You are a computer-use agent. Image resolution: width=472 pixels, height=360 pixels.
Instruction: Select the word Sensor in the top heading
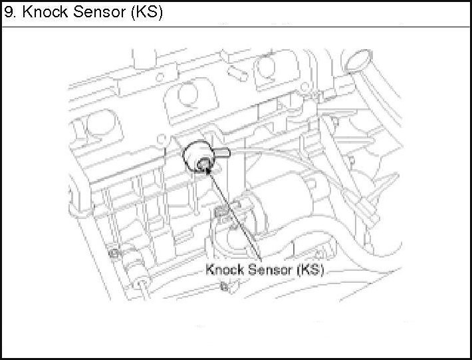pos(100,13)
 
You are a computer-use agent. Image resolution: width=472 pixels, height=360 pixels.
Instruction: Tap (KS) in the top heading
pos(147,13)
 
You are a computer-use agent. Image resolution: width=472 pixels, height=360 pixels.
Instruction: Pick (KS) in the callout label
pos(310,270)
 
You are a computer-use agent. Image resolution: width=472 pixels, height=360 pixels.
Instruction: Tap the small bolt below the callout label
pos(224,287)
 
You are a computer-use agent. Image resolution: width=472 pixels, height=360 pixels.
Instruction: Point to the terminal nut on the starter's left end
pos(223,213)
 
